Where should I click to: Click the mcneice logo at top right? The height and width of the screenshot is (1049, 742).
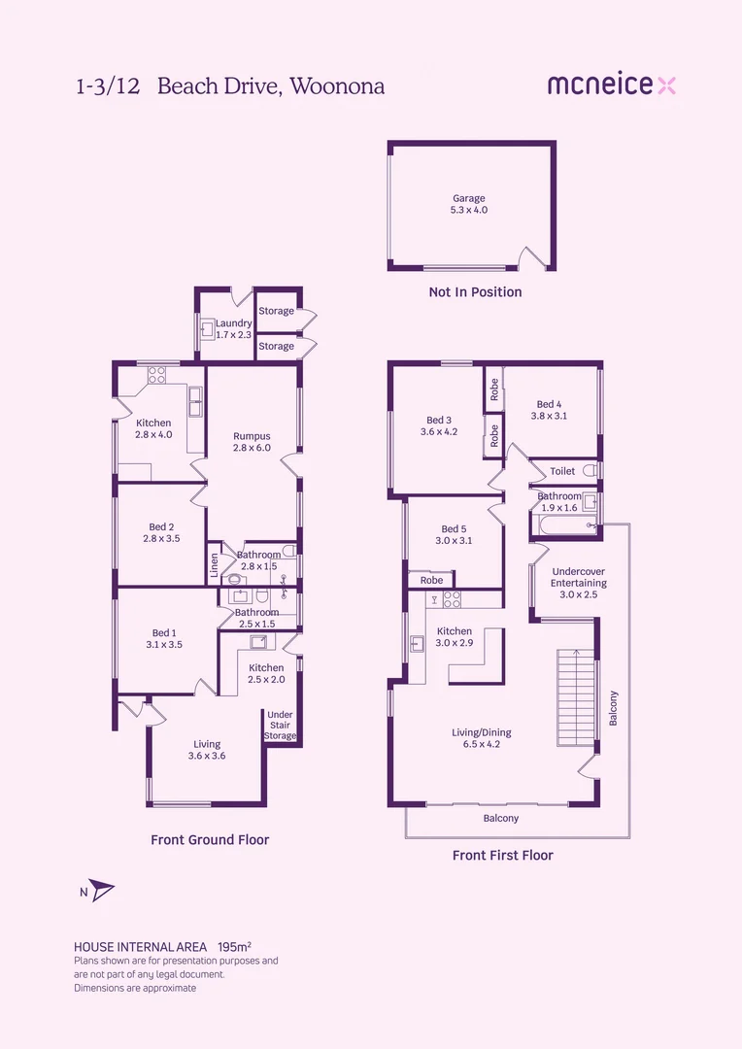point(612,85)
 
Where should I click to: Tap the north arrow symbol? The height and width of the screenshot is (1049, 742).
point(102,890)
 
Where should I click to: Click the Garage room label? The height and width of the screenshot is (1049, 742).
point(468,204)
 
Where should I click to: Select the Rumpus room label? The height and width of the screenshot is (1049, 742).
point(252,442)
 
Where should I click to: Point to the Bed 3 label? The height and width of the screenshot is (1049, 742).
point(439,426)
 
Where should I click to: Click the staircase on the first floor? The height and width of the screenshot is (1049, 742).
point(576,697)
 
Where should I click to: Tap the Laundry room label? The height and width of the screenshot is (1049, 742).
point(233,328)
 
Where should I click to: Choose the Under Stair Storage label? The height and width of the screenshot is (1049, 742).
point(280,726)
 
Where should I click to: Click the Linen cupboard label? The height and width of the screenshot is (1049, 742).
point(214,565)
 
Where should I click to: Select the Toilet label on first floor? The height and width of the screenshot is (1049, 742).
point(562,471)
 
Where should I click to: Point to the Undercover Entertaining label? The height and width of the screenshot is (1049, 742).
point(579,583)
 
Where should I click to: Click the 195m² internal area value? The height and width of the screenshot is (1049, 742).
point(234,947)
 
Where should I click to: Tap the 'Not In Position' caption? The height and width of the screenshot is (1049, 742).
point(475,291)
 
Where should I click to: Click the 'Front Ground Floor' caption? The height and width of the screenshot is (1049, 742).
point(210,839)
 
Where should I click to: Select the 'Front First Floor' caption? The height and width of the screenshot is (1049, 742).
point(502,855)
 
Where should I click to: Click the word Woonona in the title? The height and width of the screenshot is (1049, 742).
point(337,86)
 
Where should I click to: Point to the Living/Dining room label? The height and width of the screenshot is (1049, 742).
point(481,738)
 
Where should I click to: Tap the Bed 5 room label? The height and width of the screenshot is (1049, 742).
point(454,534)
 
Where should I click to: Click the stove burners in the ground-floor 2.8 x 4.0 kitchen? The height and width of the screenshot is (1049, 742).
point(156,375)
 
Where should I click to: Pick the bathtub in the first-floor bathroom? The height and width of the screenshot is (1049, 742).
point(565,525)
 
